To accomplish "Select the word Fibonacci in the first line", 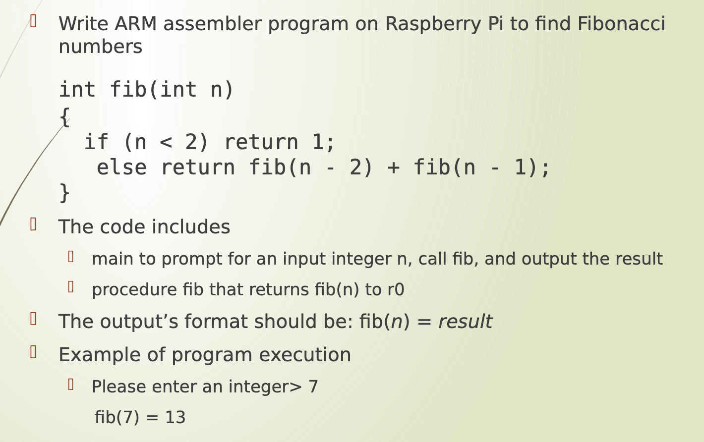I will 621,24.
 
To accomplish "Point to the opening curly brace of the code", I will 64,117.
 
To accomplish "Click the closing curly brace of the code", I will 64,193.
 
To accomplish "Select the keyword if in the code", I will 96,142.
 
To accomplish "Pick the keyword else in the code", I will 121,167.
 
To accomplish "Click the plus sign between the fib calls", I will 393,167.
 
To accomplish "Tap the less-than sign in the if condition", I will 166,143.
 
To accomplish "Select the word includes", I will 198,227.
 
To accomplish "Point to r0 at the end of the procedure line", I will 396,290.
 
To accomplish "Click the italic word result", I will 465,322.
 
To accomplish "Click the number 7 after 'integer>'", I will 313,387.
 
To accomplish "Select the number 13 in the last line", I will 176,418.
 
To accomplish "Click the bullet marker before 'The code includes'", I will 33,224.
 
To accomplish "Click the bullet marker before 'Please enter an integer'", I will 71,385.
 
